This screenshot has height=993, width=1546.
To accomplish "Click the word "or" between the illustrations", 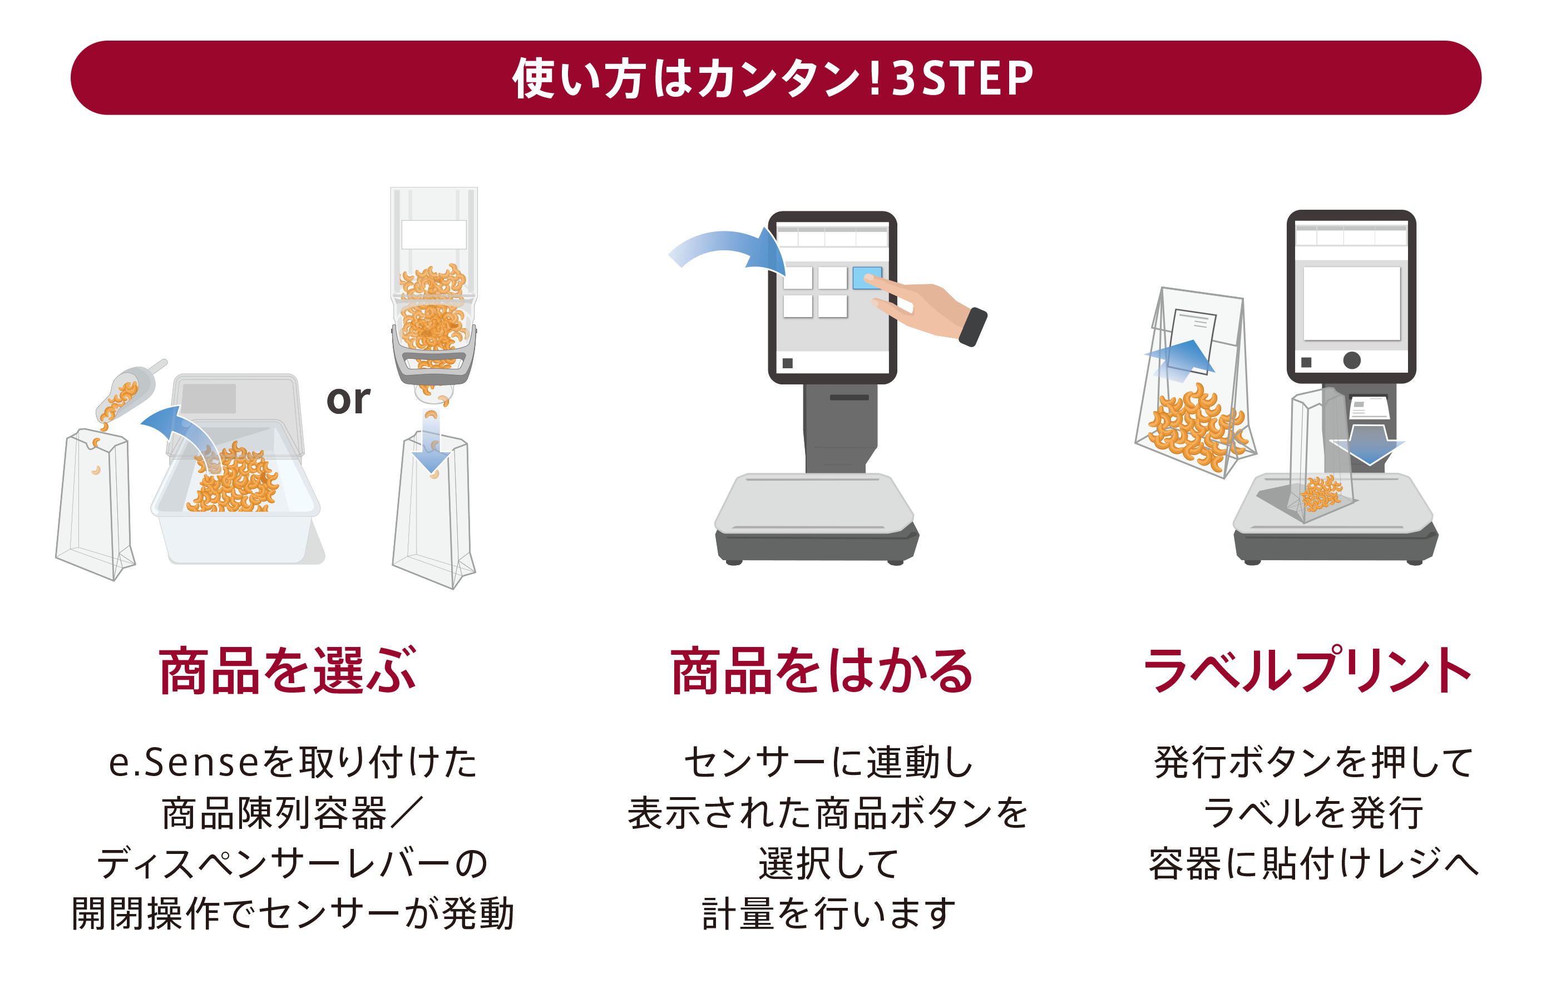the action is [x=348, y=401].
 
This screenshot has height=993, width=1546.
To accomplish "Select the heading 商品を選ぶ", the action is [x=288, y=670].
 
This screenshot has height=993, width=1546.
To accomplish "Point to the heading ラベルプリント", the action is [x=1307, y=670].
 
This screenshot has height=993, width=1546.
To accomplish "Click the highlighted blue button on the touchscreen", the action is [x=867, y=278].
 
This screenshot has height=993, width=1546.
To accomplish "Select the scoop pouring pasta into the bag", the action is [x=129, y=390].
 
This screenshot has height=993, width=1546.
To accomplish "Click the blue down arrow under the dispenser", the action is [x=431, y=442].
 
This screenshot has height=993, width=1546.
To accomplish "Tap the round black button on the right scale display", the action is [x=1351, y=360].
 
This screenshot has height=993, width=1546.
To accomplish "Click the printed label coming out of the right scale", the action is [x=1369, y=408].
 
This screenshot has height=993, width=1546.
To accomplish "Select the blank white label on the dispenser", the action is [x=434, y=235].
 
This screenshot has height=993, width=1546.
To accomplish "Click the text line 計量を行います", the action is [x=828, y=913].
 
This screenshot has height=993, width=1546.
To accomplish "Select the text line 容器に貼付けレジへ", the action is [x=1313, y=863].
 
